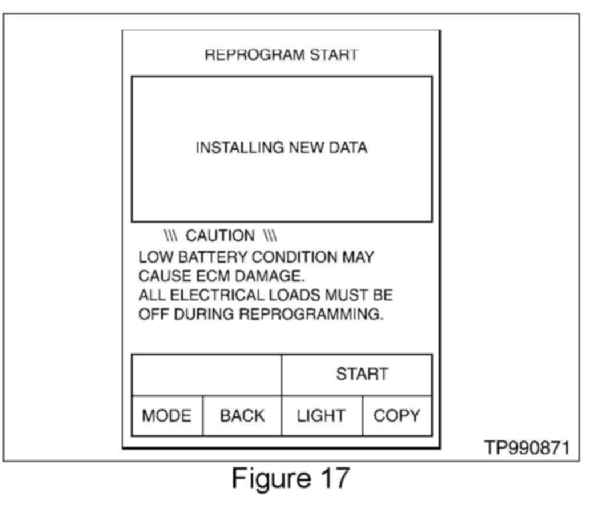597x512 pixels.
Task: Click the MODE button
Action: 167,416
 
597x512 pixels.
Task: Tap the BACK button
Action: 242,416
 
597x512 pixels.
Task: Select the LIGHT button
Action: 321,416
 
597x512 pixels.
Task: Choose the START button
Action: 362,374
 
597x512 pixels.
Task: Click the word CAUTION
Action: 221,236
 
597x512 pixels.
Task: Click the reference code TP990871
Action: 527,448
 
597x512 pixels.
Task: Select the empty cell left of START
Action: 206,374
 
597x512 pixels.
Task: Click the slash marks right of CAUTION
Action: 270,236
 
